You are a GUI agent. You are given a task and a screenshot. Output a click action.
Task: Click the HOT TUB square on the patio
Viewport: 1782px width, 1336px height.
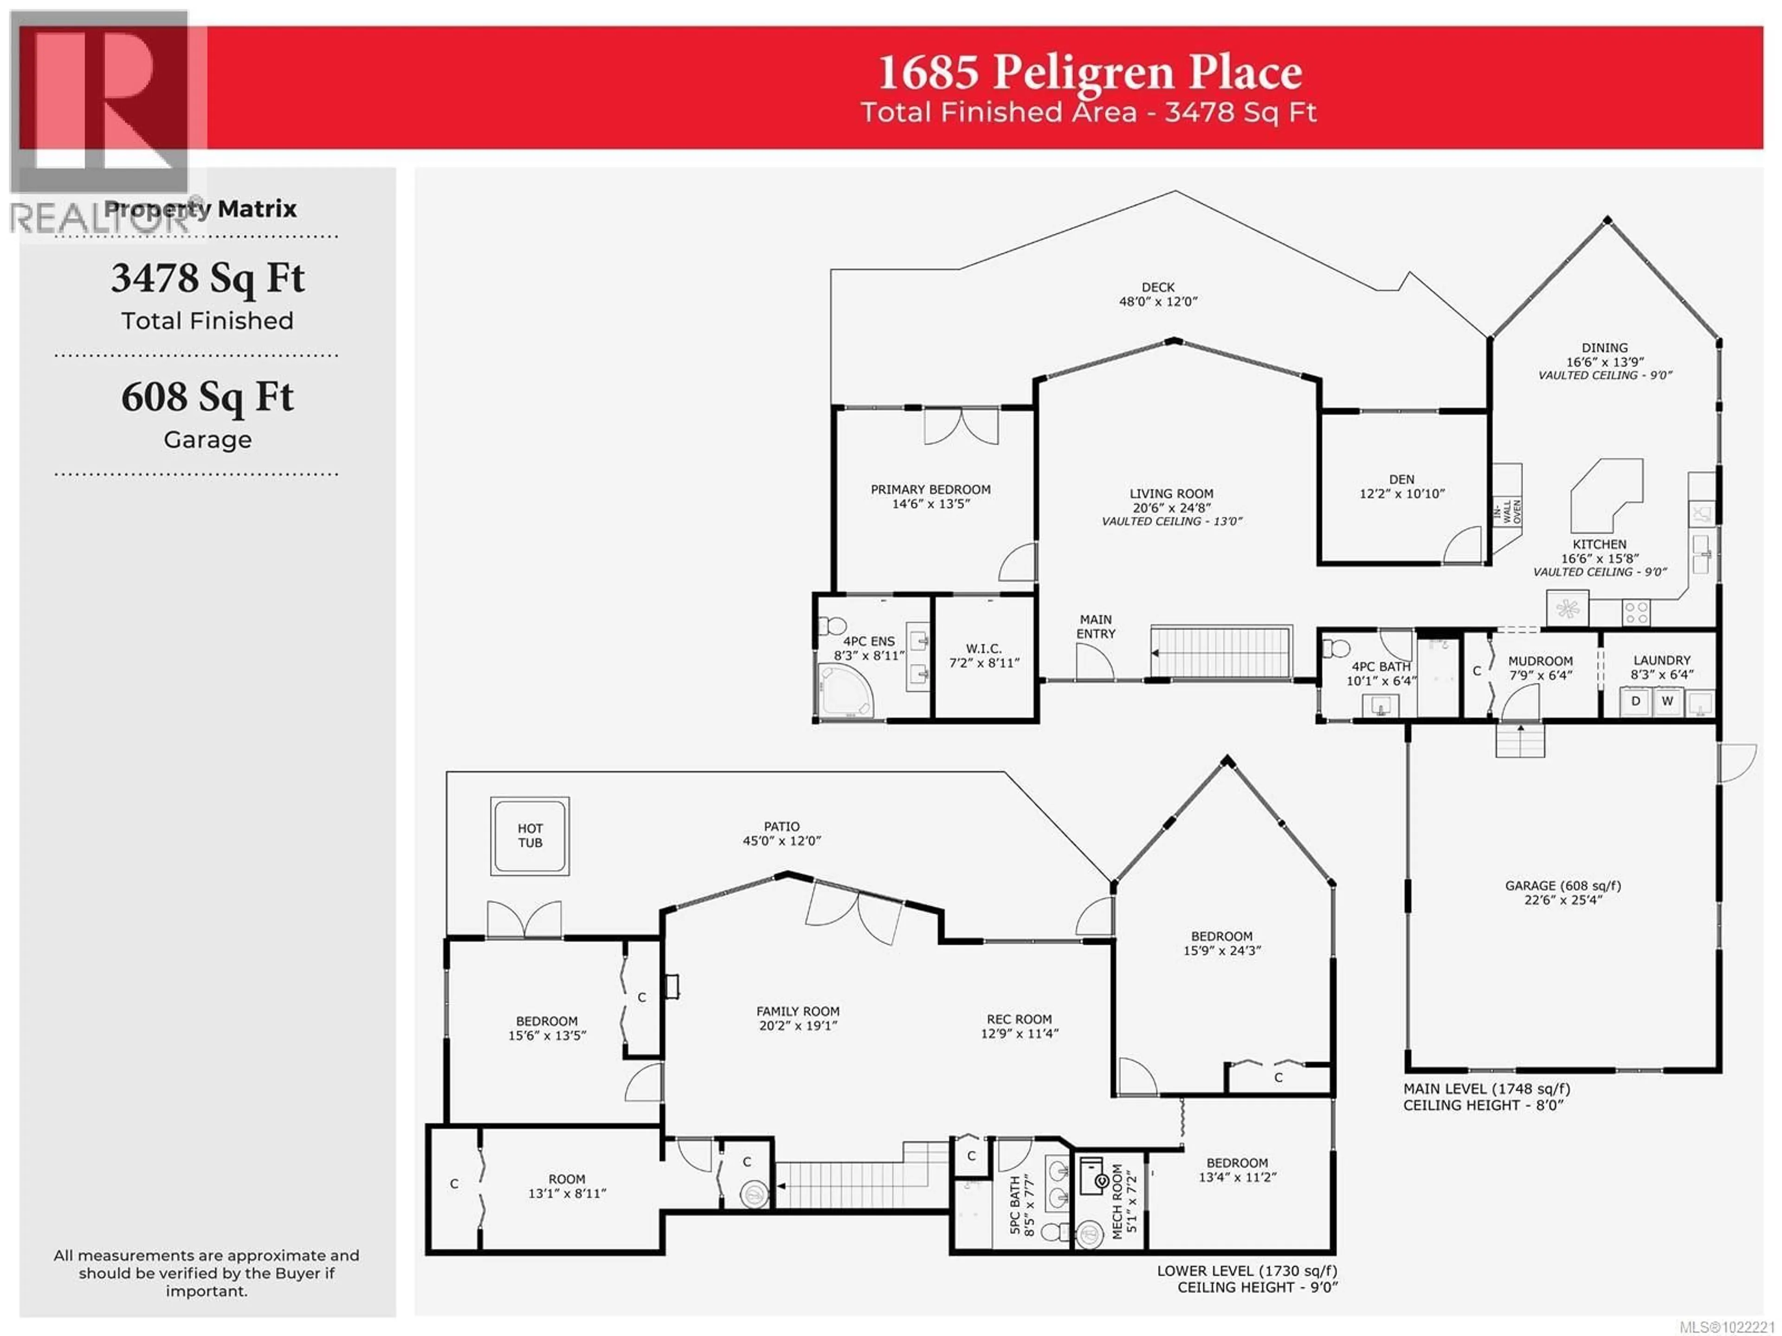point(529,836)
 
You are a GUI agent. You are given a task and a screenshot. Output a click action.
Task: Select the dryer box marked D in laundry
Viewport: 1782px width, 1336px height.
point(1635,701)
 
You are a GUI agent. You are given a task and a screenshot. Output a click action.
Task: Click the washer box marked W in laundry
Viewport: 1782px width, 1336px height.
point(1667,701)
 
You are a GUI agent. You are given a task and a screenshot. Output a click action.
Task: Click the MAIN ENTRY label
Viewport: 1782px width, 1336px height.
point(1096,626)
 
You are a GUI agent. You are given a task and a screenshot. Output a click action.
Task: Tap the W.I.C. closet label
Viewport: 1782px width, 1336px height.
point(984,648)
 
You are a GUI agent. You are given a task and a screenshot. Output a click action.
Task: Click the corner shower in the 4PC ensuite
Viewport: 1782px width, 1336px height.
point(844,691)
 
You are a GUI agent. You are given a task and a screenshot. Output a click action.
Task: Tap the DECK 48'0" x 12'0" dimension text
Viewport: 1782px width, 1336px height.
point(1158,301)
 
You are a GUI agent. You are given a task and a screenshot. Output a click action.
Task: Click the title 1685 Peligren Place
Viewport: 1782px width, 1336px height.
point(1089,72)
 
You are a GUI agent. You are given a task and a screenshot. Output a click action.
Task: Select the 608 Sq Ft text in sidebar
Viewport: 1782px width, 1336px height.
point(207,396)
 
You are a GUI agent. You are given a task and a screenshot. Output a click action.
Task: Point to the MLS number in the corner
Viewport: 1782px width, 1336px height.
point(1731,1326)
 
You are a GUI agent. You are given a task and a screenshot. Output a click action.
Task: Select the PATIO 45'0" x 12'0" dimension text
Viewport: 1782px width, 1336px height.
point(781,840)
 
